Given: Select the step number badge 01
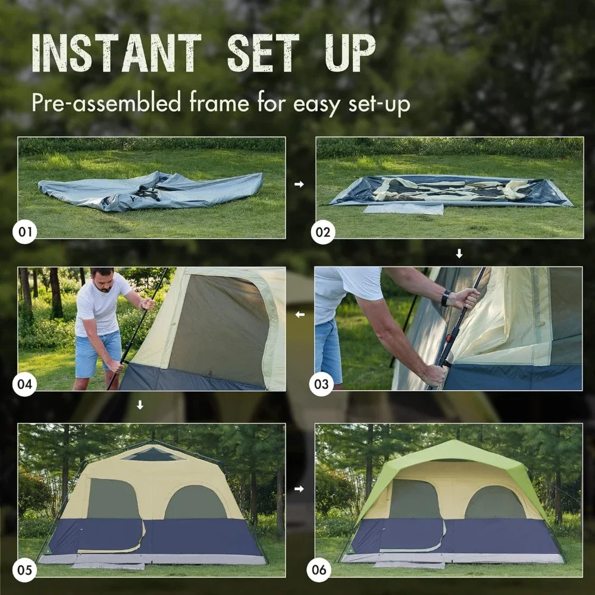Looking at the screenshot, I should coord(25,231).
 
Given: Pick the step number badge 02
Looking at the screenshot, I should coord(322,231).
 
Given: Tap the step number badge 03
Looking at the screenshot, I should coord(321,384).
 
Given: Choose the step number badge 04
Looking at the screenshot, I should coord(25,384).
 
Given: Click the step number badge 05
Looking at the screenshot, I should coord(25,570).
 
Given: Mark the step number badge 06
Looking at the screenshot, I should coord(320,570).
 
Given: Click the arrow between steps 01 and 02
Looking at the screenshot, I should coord(299,184).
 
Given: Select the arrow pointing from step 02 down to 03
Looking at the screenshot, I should coord(459,254).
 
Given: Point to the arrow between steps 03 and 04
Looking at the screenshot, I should coord(299,314).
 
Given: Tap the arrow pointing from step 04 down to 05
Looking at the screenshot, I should coord(140,405).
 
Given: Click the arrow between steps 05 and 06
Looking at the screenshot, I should coord(299,489).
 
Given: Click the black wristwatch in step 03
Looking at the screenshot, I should coord(446,297).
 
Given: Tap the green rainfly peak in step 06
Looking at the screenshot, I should coord(452,450).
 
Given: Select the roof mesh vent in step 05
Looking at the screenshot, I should coord(153,455).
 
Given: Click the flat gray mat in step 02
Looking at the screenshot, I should coord(403,209).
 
